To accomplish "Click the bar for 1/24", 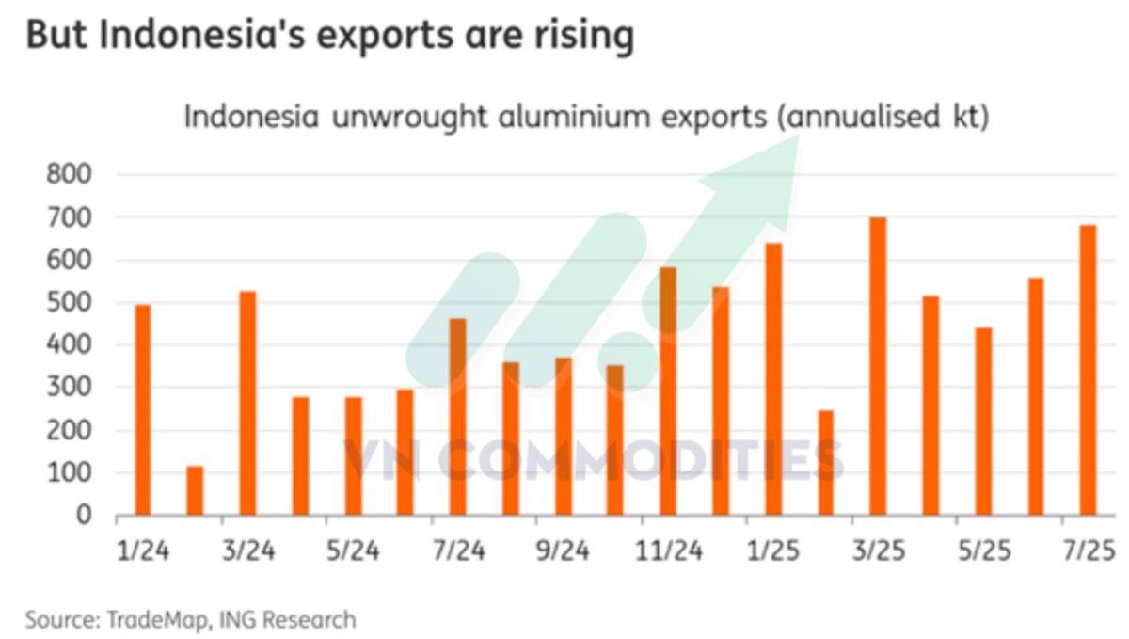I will (143, 410).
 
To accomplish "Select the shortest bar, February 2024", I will (195, 491).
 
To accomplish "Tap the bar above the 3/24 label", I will (247, 404).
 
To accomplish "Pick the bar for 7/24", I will (458, 417).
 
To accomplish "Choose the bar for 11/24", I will (668, 391).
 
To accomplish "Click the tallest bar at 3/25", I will (878, 366).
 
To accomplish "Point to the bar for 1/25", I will (773, 379).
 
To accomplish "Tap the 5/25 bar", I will (983, 422).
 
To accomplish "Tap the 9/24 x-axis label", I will (564, 551).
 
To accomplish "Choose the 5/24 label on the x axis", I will (353, 551).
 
